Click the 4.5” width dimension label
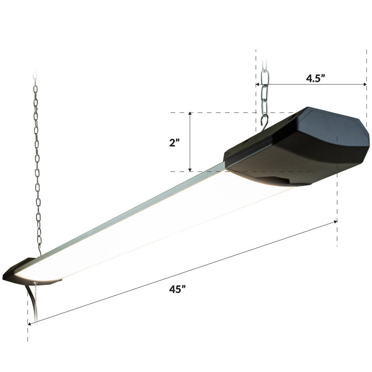(315, 78)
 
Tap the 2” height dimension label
(174, 143)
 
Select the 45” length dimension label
(177, 289)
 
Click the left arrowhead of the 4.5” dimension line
(257, 84)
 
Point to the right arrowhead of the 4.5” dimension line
(365, 84)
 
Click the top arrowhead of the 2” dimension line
(190, 113)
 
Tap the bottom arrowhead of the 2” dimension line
(190, 170)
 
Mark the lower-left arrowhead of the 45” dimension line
(29, 323)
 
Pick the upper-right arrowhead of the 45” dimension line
(335, 222)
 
